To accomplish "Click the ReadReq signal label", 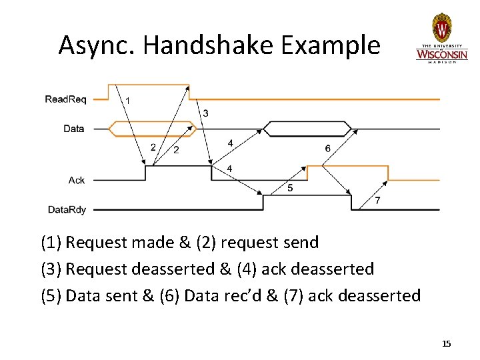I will [x=65, y=99].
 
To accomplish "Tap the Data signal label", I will [x=73, y=129].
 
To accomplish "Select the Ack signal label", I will [x=77, y=180].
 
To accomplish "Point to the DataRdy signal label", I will [x=67, y=210].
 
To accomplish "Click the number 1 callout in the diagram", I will [x=128, y=100].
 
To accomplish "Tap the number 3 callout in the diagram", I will [x=205, y=113].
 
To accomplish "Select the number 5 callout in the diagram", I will [x=290, y=188].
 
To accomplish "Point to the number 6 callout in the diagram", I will [x=327, y=148].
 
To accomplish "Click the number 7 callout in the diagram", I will [x=377, y=201].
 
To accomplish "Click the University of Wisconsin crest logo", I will [x=442, y=28].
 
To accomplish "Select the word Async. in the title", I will [x=97, y=45].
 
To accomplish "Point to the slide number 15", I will [x=447, y=343].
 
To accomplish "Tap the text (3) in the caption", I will [x=51, y=269].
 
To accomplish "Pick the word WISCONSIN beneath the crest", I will [x=441, y=53].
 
